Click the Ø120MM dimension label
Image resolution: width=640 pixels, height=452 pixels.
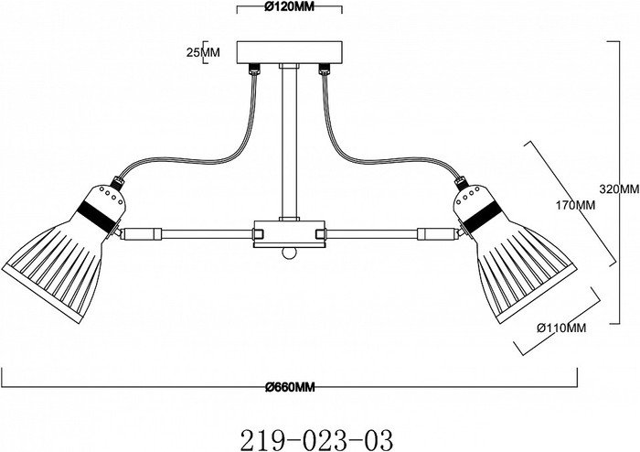290,7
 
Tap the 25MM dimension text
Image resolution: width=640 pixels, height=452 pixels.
203,52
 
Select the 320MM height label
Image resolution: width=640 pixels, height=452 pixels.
619,188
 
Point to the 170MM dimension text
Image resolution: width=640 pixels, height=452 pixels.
575,205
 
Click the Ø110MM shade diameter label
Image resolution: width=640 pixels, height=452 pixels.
561,328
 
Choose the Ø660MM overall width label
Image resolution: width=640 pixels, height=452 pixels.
290,387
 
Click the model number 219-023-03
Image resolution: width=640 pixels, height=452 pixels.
316,439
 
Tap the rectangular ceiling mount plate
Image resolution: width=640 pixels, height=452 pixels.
290,52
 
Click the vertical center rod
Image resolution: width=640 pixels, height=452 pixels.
290,142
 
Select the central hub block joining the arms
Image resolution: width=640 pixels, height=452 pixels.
290,234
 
